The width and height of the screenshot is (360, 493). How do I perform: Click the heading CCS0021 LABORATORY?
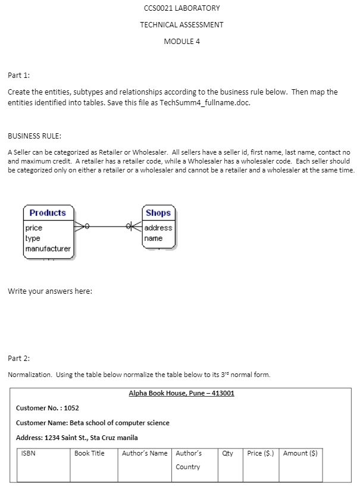[x=181, y=8]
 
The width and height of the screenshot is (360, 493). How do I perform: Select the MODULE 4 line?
[x=181, y=41]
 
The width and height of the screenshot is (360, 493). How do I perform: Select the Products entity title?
[x=48, y=213]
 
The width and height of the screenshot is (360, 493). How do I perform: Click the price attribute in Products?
[x=34, y=228]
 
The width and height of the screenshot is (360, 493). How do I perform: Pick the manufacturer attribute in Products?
[x=48, y=249]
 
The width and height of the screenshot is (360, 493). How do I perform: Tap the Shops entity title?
[x=158, y=213]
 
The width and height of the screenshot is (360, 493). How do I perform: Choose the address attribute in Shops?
[x=158, y=228]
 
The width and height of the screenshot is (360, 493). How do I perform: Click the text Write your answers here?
[x=50, y=291]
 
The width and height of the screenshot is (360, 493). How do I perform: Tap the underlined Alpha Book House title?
[x=181, y=393]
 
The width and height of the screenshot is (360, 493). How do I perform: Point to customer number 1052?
[x=72, y=408]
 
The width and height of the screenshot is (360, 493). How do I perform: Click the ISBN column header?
[x=29, y=453]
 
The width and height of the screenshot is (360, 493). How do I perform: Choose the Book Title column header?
[x=89, y=453]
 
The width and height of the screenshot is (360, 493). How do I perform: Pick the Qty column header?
[x=227, y=453]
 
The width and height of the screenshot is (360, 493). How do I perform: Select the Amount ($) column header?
[x=300, y=453]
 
